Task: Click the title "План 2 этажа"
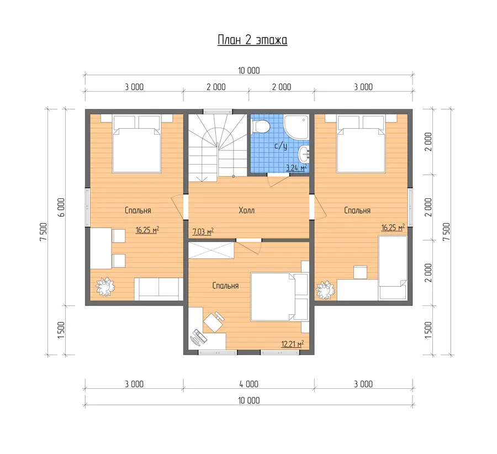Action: point(252,40)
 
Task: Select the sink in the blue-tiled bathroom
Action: point(304,154)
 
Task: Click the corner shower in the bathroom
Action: point(297,127)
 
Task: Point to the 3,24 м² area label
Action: point(297,167)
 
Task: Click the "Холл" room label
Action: point(247,210)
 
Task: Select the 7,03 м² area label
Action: point(203,231)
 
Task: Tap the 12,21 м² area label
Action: point(293,344)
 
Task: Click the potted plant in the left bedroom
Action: point(105,287)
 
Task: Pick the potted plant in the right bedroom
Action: point(325,290)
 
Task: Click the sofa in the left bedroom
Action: point(159,289)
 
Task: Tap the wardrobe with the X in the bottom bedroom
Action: point(212,250)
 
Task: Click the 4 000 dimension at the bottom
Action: point(249,384)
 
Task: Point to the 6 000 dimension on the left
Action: point(61,207)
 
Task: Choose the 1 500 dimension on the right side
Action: point(428,330)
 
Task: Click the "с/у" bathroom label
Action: point(281,146)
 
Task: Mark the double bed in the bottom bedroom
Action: point(279,297)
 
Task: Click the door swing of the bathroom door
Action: point(278,181)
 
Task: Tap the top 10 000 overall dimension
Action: point(249,71)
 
